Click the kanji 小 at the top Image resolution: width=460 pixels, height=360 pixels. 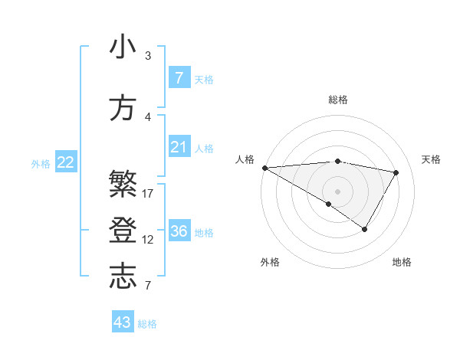[123, 47]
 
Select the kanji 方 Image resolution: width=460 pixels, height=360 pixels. [123, 109]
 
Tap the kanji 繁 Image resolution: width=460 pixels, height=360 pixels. [123, 185]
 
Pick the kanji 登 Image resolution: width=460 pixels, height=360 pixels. [123, 231]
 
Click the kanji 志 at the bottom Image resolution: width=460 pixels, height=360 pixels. [123, 277]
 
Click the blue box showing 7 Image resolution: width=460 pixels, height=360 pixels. [179, 78]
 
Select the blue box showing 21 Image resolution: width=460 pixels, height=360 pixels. [179, 147]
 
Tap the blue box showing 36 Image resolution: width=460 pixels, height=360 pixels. [179, 231]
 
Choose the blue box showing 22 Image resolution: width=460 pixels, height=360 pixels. [66, 162]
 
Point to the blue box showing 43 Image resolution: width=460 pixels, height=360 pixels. [123, 322]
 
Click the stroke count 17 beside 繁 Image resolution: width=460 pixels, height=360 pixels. [148, 194]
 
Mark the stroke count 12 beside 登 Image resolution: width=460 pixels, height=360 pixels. [148, 240]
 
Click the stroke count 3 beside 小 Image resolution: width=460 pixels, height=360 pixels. [148, 56]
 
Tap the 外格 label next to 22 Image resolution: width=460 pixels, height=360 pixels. [40, 163]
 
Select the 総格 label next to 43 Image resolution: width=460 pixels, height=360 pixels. [147, 324]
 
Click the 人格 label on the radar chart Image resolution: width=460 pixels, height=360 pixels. [245, 159]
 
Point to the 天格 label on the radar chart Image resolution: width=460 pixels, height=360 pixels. [432, 159]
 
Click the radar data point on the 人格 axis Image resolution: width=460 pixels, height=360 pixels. [264, 168]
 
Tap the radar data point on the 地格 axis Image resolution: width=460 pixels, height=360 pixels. [365, 229]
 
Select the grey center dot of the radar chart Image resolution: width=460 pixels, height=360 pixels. [337, 191]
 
